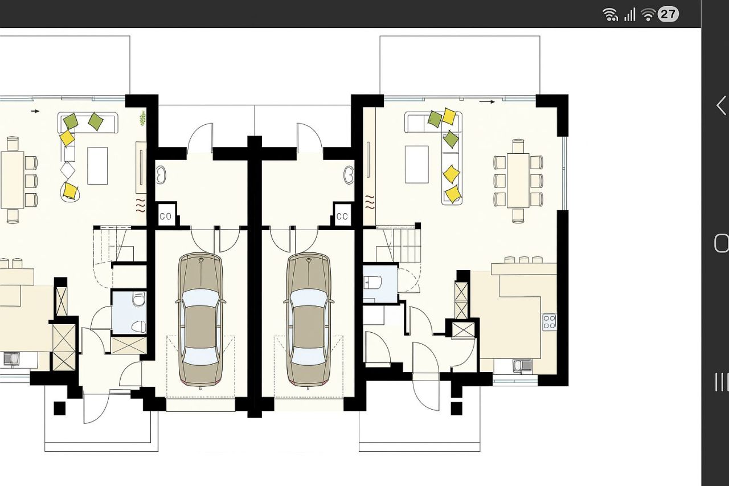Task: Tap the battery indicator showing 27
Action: point(668,14)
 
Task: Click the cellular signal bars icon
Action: point(630,15)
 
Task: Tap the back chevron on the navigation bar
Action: point(721,105)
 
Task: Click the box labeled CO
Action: point(166,216)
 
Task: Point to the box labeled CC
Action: point(342,216)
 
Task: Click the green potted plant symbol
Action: point(142,118)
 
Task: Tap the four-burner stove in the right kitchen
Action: point(550,322)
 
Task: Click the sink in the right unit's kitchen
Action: point(523,366)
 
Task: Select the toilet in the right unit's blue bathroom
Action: point(372,282)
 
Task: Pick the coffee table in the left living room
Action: point(97,166)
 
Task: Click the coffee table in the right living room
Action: point(416,165)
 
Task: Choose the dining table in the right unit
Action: point(518,181)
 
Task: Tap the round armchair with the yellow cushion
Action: point(70,192)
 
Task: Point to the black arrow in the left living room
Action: point(35,111)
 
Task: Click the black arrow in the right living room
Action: point(487,102)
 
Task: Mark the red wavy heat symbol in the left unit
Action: point(141,205)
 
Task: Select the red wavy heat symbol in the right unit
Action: point(370,202)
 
